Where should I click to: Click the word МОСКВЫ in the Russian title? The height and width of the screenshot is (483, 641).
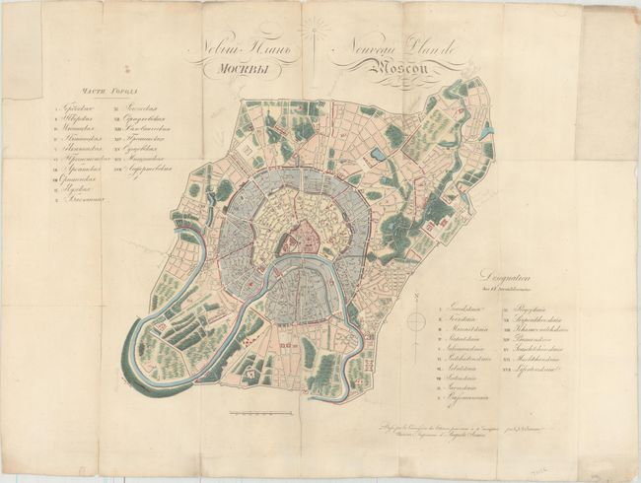pyautogui.click(x=237, y=70)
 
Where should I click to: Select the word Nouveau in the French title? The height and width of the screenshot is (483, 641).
pyautogui.click(x=372, y=50)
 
